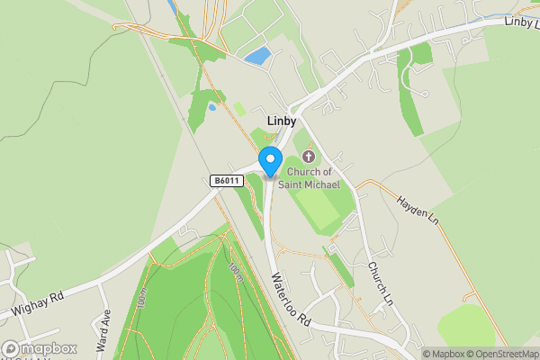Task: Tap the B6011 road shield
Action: click(226, 181)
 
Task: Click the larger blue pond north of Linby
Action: click(256, 56)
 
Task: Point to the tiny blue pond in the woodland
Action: click(212, 106)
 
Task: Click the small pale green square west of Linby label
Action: click(239, 108)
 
